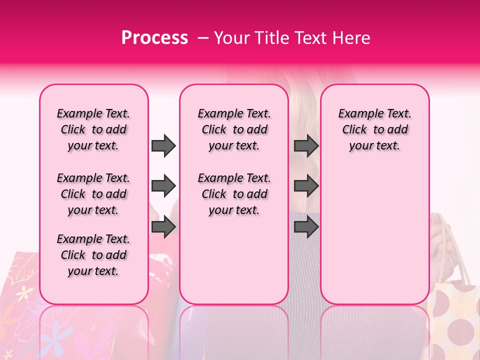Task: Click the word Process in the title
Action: (x=154, y=38)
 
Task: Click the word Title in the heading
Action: (x=273, y=38)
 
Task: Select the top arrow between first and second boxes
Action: (x=163, y=145)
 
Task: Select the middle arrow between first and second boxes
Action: (x=163, y=186)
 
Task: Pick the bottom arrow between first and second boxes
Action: (x=163, y=227)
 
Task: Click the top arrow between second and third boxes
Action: (x=306, y=145)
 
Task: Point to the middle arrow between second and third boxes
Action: (x=306, y=186)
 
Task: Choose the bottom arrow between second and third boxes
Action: (x=306, y=227)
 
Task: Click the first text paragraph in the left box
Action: (x=93, y=129)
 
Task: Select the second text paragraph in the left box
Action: (x=93, y=194)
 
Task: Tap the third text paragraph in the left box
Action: (x=93, y=255)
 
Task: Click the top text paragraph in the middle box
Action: (x=234, y=129)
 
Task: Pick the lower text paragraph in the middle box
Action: (x=234, y=194)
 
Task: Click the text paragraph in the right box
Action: (x=375, y=129)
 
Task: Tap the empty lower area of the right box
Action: (x=375, y=235)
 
